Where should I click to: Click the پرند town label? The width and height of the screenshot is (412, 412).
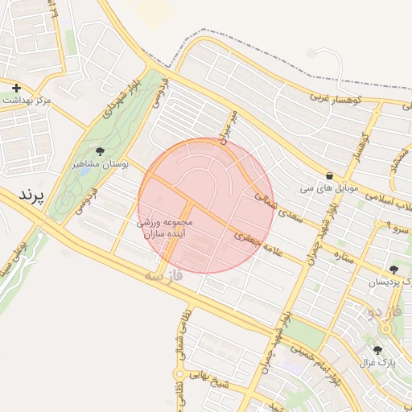click(34, 196)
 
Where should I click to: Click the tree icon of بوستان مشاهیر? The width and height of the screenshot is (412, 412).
click(100, 151)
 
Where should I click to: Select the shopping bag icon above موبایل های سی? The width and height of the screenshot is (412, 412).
click(329, 175)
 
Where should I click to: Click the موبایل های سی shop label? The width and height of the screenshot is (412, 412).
click(329, 187)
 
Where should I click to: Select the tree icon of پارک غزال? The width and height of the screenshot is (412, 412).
click(378, 350)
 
